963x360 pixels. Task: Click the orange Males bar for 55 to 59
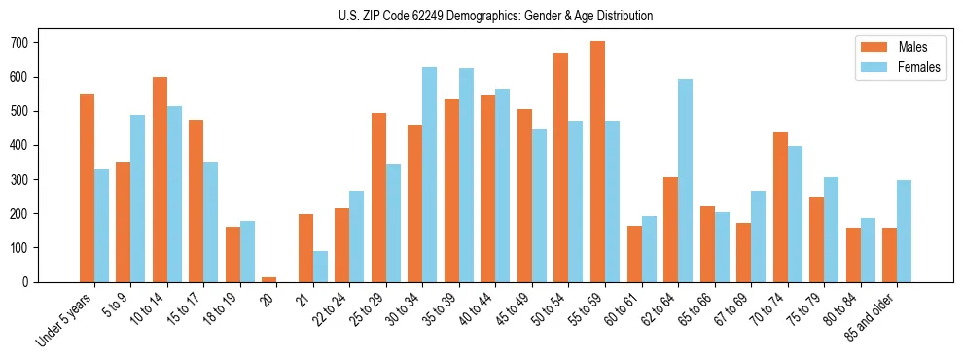[597, 162]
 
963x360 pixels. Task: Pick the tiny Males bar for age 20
[269, 279]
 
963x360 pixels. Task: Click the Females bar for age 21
[320, 267]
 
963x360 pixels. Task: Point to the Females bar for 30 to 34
[429, 174]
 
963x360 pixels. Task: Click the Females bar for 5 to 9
[137, 198]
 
